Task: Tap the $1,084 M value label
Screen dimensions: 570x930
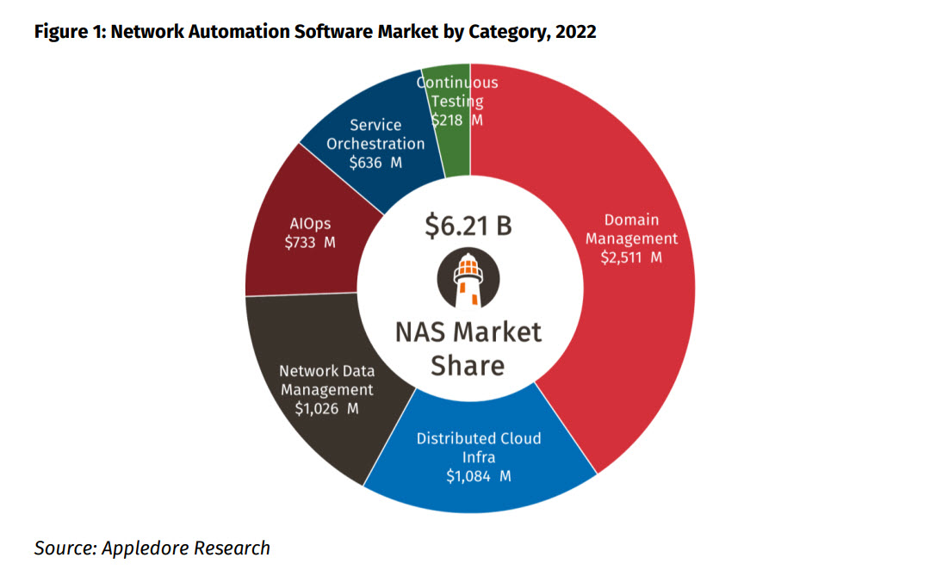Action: click(x=479, y=476)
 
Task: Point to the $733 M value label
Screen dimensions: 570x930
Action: click(x=310, y=243)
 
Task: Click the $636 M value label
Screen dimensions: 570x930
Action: click(x=375, y=163)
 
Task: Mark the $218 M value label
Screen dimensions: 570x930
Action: click(x=456, y=121)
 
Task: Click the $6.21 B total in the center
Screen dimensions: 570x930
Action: click(x=468, y=226)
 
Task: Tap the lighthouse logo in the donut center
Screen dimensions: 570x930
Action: click(x=468, y=281)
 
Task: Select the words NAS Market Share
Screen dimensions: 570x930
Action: click(x=468, y=348)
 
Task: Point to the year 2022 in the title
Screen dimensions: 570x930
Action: click(x=574, y=32)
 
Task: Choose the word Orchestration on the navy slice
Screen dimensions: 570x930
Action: click(x=375, y=144)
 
